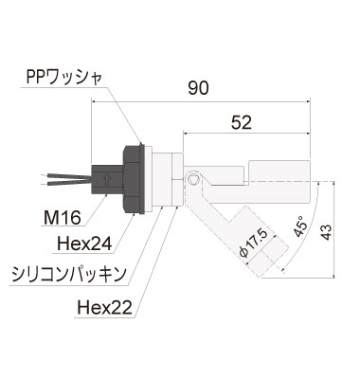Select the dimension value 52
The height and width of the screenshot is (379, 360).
pos(241,121)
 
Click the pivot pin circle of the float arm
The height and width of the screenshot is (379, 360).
pos(195,178)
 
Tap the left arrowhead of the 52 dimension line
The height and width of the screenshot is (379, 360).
pos(188,134)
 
